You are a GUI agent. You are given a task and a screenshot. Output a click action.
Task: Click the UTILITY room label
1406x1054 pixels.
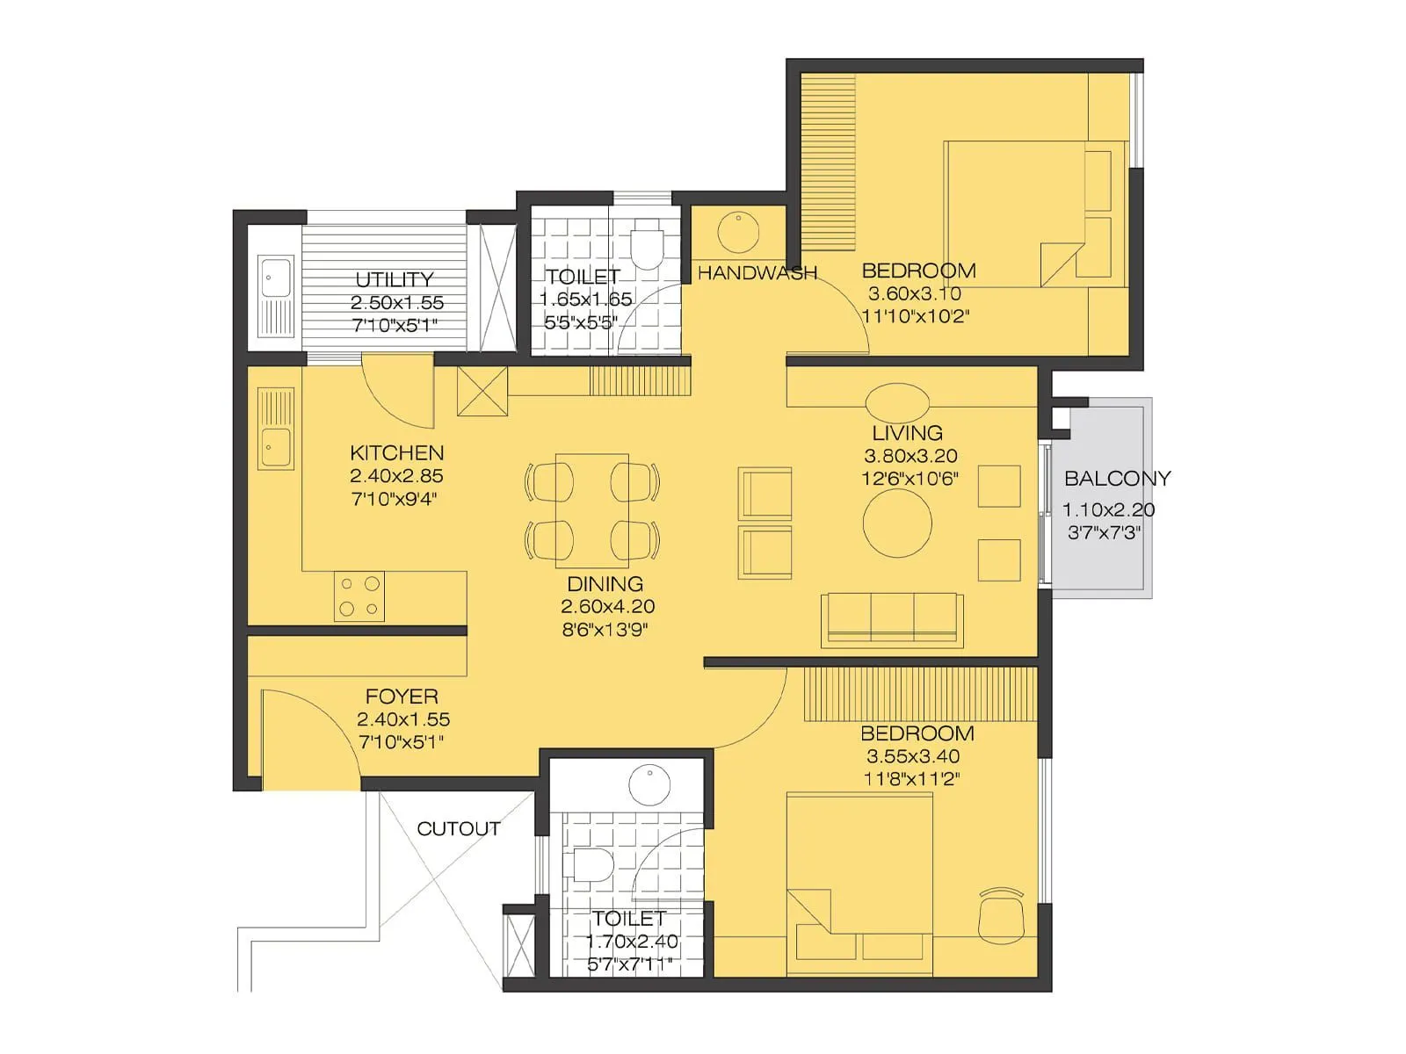click(x=394, y=279)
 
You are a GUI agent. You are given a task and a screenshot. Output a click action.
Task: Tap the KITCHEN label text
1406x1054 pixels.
click(x=396, y=453)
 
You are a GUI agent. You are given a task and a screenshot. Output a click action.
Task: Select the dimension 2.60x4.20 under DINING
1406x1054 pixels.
click(x=607, y=607)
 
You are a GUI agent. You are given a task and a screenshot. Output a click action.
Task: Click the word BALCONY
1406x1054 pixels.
click(x=1117, y=479)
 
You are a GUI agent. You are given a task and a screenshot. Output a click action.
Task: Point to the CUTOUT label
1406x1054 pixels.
click(x=458, y=829)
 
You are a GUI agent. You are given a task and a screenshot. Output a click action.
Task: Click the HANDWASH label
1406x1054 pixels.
click(x=757, y=273)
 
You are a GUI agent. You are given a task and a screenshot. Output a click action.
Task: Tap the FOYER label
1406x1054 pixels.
click(x=402, y=697)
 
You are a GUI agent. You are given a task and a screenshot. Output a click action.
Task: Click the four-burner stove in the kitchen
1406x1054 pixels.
click(x=359, y=596)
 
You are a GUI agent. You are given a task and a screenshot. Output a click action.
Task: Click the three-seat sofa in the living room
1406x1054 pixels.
click(x=892, y=617)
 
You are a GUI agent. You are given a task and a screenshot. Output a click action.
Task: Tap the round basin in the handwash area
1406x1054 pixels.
click(x=738, y=231)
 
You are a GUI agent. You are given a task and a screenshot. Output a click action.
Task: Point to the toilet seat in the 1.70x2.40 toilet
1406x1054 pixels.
click(x=591, y=865)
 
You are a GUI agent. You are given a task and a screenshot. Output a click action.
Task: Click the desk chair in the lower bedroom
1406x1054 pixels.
click(x=1002, y=913)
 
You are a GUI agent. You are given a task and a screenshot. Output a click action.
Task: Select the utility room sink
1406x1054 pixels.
click(x=275, y=295)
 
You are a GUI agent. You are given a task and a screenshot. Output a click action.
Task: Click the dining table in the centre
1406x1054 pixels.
click(x=592, y=509)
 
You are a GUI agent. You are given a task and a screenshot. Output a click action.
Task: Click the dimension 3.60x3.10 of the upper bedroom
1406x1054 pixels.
click(x=914, y=294)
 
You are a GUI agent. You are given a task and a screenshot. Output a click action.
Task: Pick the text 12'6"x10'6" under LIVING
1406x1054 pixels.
click(x=910, y=479)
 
